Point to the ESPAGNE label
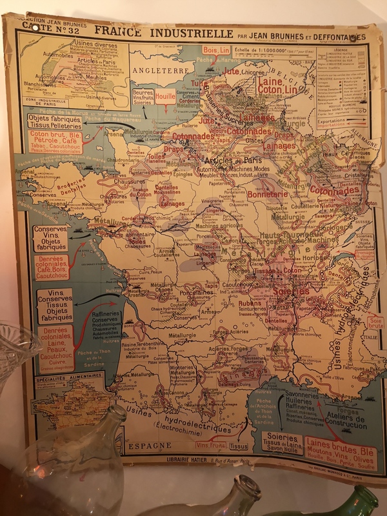pyautogui.click(x=150, y=445)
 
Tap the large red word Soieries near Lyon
pyautogui.click(x=290, y=291)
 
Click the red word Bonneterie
pyautogui.click(x=267, y=193)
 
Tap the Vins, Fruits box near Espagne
pyautogui.click(x=210, y=445)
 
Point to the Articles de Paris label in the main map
pyautogui.click(x=226, y=160)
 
